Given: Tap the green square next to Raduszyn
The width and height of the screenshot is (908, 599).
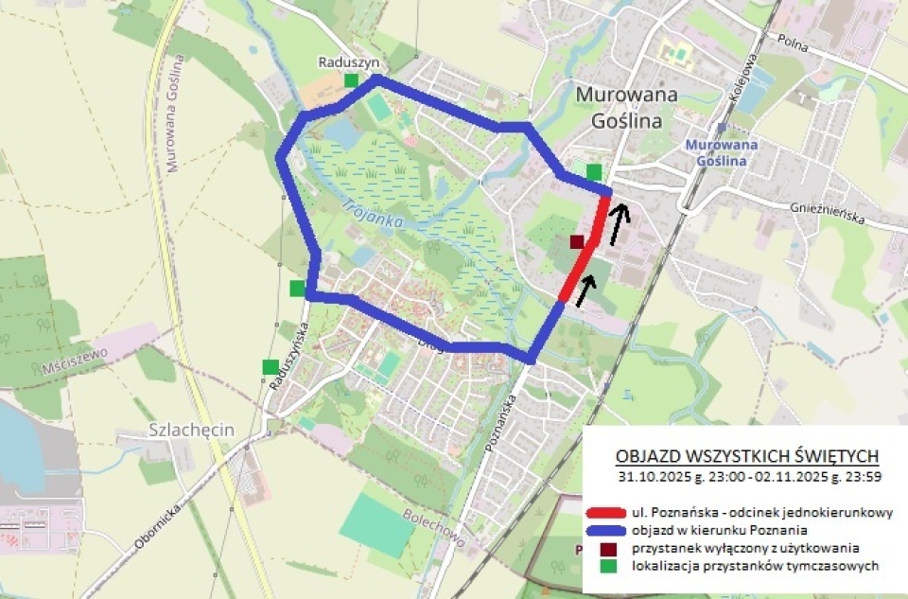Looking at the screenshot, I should (x=352, y=80).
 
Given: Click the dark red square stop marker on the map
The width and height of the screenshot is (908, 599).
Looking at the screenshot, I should (x=576, y=242).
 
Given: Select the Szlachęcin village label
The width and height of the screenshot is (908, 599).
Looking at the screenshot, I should (x=191, y=430).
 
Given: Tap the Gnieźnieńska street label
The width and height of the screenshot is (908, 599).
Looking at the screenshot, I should (x=828, y=216).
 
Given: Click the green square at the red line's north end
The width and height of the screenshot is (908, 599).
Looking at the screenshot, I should (x=593, y=171).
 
